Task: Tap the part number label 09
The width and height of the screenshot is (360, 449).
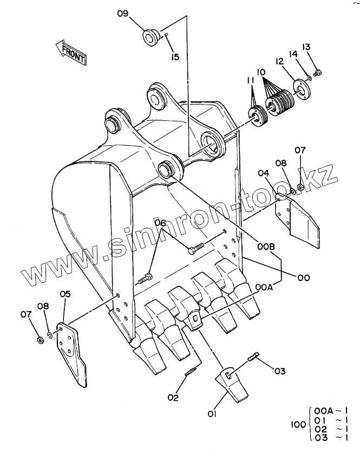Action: coord(123,14)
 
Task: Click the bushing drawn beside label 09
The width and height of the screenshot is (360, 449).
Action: coord(152,37)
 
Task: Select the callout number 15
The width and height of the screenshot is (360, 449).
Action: coord(175,57)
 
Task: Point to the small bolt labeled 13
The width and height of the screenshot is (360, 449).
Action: coord(317,73)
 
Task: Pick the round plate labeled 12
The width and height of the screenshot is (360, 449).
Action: coord(301,89)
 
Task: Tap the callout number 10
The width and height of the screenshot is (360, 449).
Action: coord(261,72)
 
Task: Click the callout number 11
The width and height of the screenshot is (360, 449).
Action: coord(251,81)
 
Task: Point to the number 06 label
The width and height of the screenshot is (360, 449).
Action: coord(160,223)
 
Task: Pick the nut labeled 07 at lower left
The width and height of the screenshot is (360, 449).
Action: coord(41,340)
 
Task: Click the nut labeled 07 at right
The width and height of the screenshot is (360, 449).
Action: coord(300,187)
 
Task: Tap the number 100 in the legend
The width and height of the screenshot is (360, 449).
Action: coord(298,425)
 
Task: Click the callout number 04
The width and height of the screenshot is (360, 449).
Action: coord(264,173)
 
